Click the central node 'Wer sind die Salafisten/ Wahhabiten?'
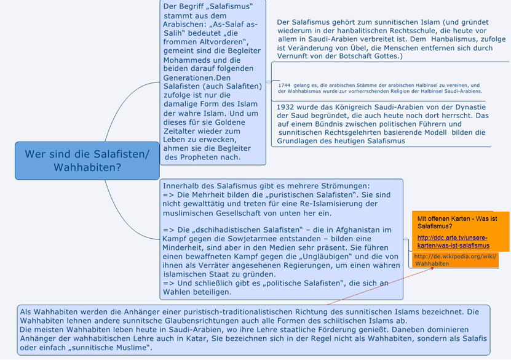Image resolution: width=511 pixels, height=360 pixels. pyautogui.click(x=87, y=160)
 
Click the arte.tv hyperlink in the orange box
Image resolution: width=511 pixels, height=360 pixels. pyautogui.click(x=453, y=242)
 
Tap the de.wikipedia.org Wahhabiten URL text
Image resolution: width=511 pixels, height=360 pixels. pyautogui.click(x=454, y=260)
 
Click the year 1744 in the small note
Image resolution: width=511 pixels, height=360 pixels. pyautogui.click(x=285, y=86)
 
